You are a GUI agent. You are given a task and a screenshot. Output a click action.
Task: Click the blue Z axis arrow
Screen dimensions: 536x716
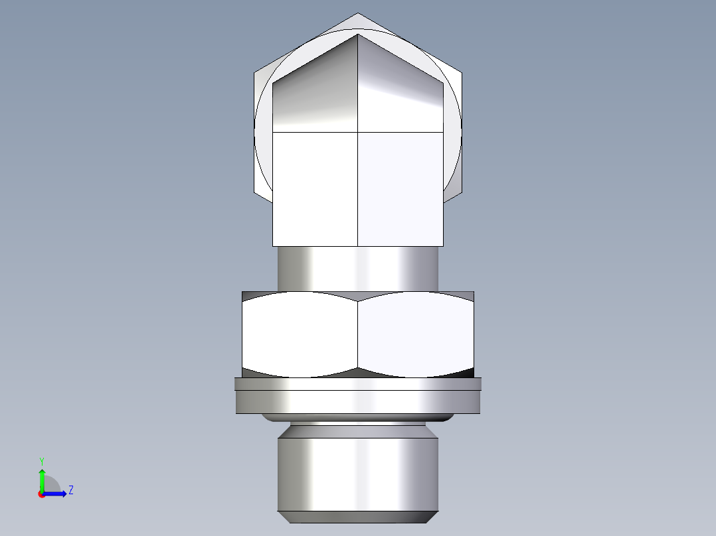[57, 493]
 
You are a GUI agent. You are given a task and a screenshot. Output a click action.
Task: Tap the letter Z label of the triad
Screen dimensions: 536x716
[71, 490]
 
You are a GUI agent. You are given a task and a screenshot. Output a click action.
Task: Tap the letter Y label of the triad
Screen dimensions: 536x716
[41, 460]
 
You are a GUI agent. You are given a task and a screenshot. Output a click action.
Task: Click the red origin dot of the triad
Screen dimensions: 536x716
[41, 494]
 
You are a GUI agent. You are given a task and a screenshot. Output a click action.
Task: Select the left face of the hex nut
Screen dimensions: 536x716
[299, 334]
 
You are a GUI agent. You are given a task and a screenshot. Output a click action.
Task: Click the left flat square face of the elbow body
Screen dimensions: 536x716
[315, 189]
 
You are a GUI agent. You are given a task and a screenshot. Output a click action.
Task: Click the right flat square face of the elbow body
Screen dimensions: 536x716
[400, 189]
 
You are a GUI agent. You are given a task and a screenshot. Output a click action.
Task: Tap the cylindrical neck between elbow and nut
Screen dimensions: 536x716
[358, 268]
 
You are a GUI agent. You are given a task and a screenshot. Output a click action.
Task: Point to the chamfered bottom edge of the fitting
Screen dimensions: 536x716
[358, 517]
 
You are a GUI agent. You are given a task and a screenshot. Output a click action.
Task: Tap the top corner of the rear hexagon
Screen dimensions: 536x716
[358, 15]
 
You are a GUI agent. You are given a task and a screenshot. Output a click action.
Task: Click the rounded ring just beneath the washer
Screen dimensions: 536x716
[358, 419]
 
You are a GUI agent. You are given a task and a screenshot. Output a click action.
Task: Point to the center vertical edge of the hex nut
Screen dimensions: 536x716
[358, 334]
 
